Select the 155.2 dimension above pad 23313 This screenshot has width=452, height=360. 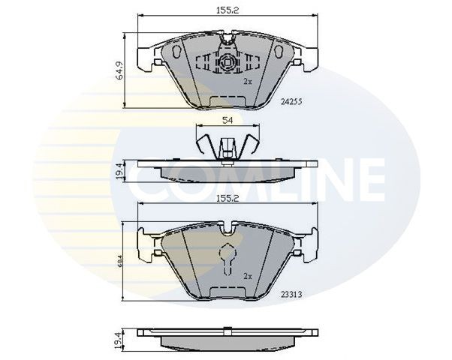[x=225, y=200]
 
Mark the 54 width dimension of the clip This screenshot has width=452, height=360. [x=225, y=120]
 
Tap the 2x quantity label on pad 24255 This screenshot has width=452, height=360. [x=248, y=80]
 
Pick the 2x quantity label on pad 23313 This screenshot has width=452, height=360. [x=248, y=277]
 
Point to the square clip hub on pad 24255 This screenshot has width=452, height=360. [x=224, y=64]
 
